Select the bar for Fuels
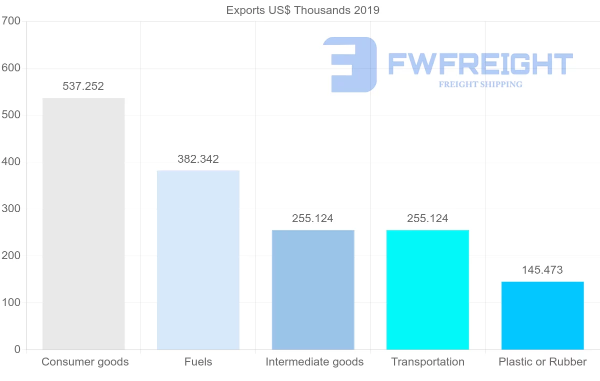coord(198,260)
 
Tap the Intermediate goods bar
coord(313,290)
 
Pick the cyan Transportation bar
coord(427,290)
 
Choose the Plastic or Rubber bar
coord(542,316)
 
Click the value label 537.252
coord(83,86)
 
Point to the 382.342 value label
coord(198,159)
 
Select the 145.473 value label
coord(542,270)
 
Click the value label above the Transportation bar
coord(427,219)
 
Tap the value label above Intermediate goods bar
coord(313,219)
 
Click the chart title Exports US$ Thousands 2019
coord(303,10)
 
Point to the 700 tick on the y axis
coord(10,21)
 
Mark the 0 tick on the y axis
coord(17,350)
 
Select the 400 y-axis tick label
coord(10,162)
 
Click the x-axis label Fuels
coord(198,362)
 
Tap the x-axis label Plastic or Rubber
coord(542,362)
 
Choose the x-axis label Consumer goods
coord(85,362)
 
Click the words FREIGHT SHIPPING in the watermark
coord(480,84)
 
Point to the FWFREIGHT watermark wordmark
coord(480,64)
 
